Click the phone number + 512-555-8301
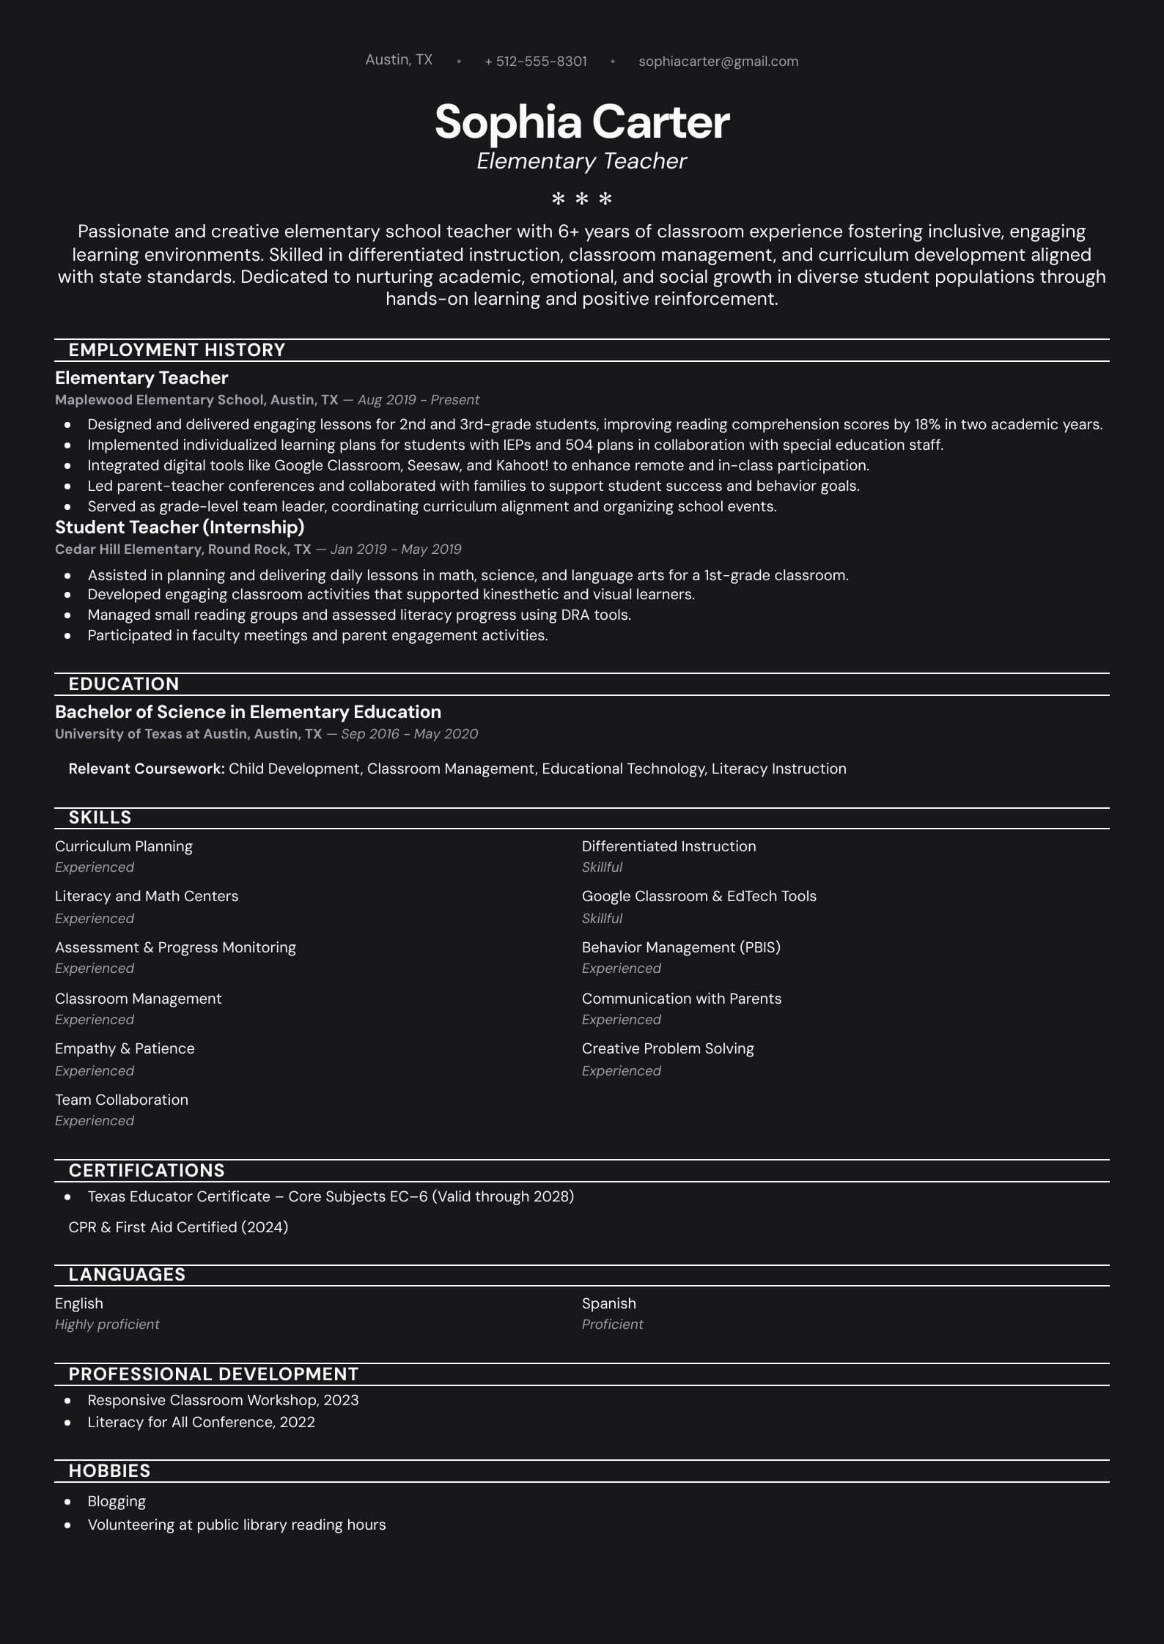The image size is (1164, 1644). click(535, 62)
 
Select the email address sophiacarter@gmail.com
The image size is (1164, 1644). click(718, 62)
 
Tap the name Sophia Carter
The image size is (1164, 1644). click(582, 122)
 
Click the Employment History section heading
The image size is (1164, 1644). click(177, 350)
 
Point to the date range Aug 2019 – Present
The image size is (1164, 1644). click(418, 400)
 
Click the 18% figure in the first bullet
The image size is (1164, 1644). click(927, 424)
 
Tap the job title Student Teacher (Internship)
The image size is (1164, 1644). click(180, 527)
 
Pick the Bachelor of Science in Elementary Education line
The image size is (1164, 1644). click(248, 712)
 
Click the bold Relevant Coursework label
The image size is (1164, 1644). click(146, 769)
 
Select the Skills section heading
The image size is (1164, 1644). click(100, 818)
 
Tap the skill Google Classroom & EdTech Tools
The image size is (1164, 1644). click(699, 896)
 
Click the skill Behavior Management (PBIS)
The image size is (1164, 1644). click(681, 947)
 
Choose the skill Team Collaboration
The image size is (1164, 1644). click(122, 1100)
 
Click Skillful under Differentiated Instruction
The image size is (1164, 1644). click(602, 867)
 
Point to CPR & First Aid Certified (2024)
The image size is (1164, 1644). click(178, 1227)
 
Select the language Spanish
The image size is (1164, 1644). click(608, 1303)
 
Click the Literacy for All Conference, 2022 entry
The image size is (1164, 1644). click(201, 1422)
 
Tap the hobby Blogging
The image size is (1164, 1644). click(117, 1501)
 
